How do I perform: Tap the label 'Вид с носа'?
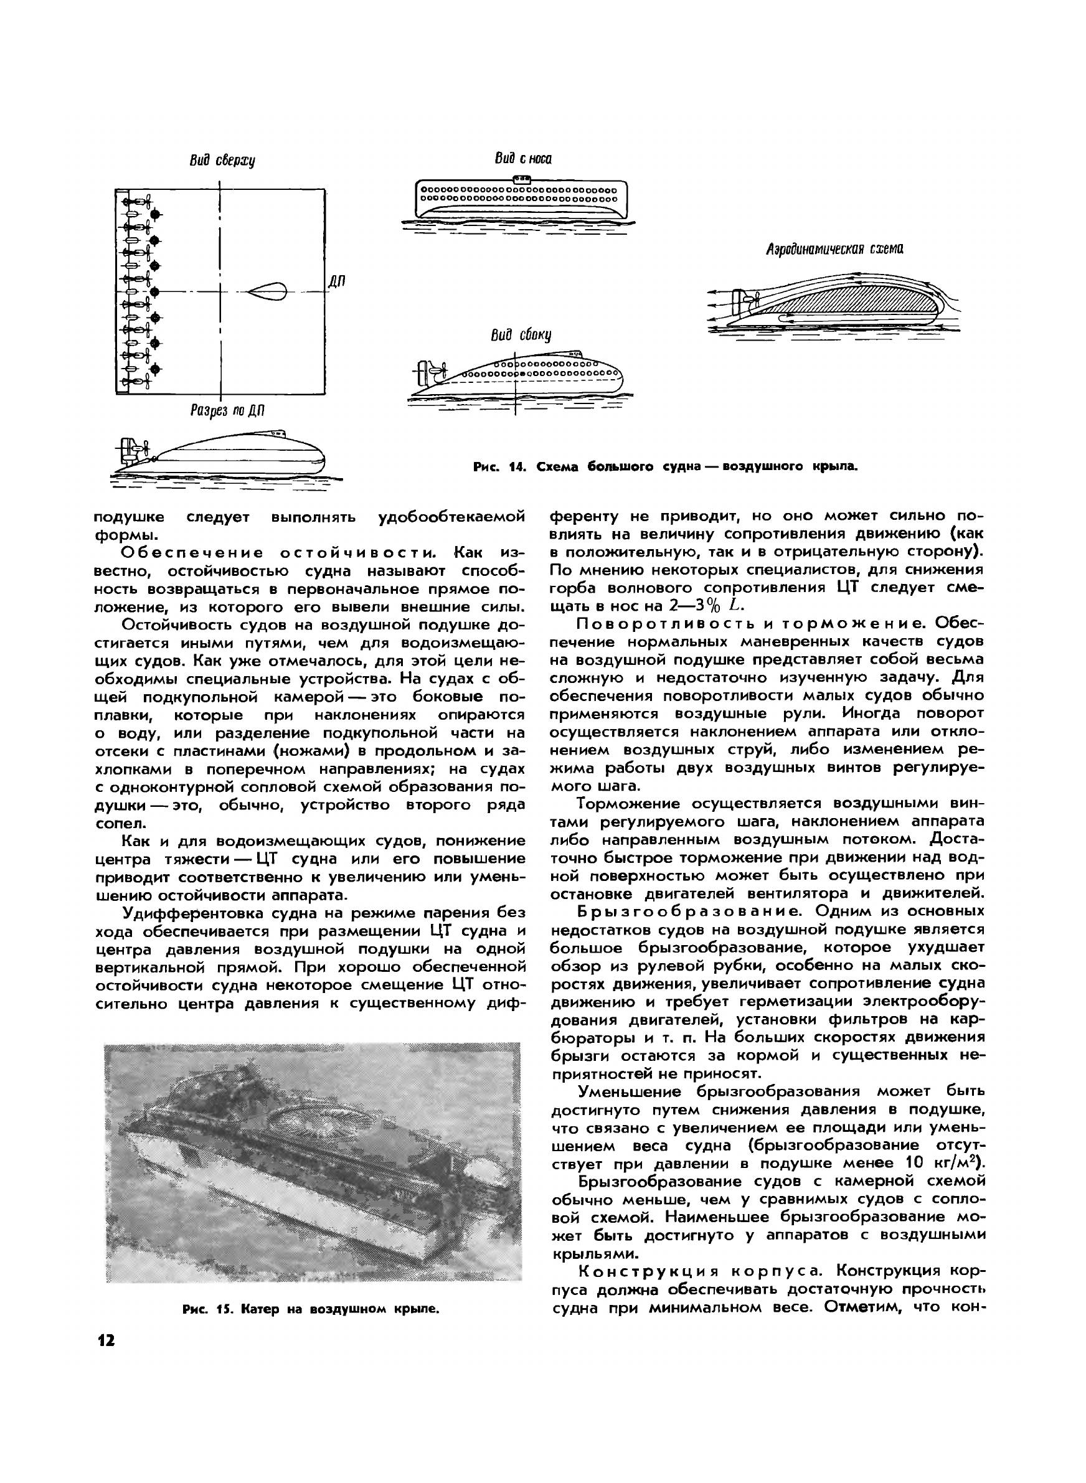pos(523,159)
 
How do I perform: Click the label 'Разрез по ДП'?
pos(227,412)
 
